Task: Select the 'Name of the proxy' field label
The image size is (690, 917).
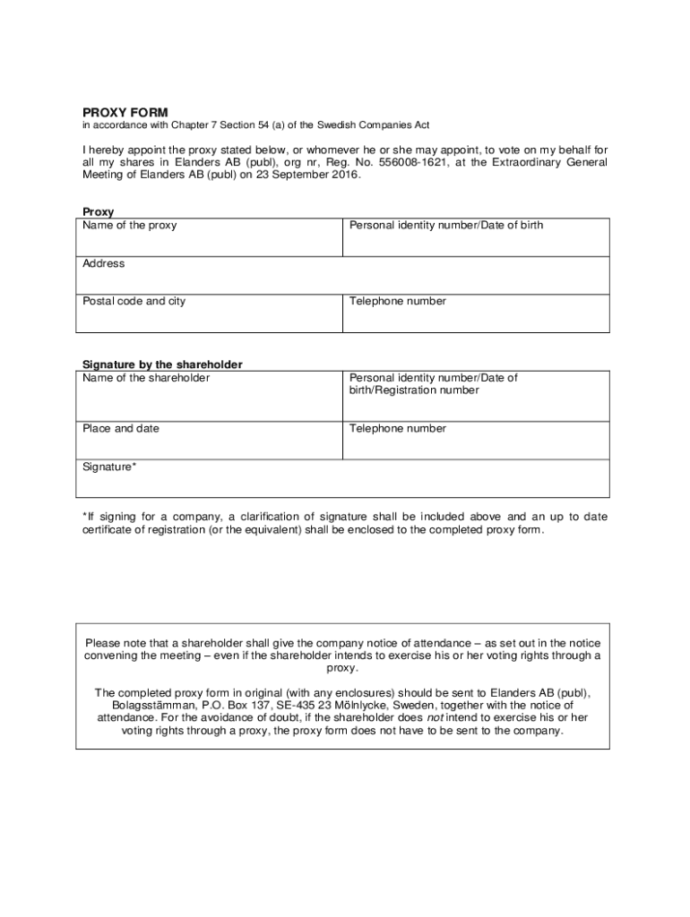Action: click(x=129, y=226)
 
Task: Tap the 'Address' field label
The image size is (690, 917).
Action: click(x=104, y=263)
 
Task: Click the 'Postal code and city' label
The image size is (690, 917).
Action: click(x=134, y=301)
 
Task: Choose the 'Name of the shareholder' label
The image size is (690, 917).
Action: click(x=146, y=378)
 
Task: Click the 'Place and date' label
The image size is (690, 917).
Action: click(x=121, y=428)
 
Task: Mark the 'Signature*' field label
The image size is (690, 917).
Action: click(x=110, y=467)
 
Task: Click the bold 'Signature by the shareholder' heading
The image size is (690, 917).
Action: click(x=162, y=364)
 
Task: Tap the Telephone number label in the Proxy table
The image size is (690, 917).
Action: click(x=398, y=301)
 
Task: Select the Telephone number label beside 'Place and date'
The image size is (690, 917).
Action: click(x=398, y=428)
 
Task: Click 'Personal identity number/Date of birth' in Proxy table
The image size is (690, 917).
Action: click(x=446, y=226)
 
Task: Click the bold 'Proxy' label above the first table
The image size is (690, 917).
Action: click(x=98, y=212)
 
